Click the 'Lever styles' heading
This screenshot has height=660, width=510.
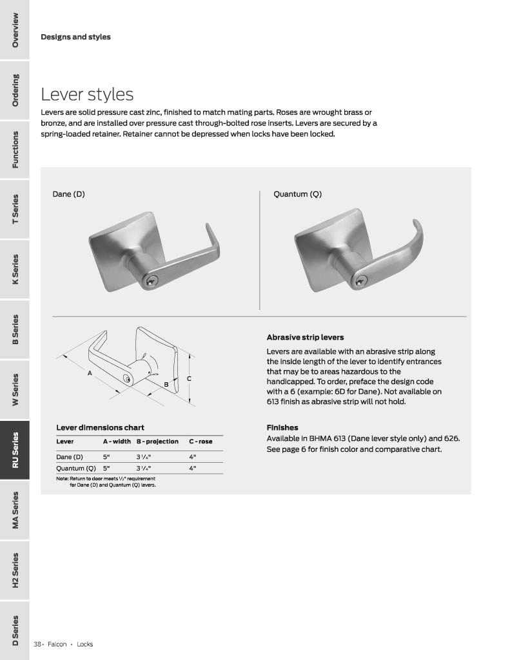[x=87, y=95]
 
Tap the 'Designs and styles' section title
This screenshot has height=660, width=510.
[x=75, y=37]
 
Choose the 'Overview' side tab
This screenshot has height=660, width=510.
[x=15, y=30]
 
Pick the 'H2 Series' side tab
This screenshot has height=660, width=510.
[x=15, y=570]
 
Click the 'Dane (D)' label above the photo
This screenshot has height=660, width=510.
[x=68, y=194]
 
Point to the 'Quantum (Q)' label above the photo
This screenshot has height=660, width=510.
[x=297, y=194]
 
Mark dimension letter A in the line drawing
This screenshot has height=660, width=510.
[x=90, y=373]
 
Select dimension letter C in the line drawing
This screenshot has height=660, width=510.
[x=189, y=378]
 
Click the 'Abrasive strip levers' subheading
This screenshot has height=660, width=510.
[x=305, y=337]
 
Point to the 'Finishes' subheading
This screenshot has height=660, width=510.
[x=282, y=427]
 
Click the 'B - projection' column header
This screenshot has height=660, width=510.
[x=157, y=442]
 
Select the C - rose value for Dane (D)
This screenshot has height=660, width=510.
[x=192, y=457]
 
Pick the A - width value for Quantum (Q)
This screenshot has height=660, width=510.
[x=106, y=469]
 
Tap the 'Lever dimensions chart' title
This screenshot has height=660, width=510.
[x=100, y=427]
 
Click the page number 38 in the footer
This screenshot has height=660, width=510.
[x=37, y=644]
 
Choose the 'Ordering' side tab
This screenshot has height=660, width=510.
[x=15, y=90]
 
